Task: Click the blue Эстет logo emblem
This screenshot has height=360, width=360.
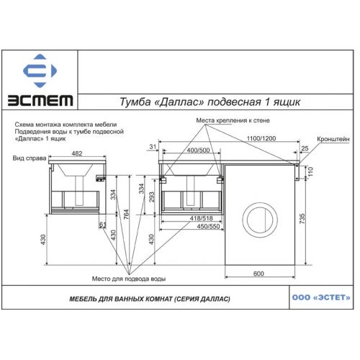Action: coord(40,71)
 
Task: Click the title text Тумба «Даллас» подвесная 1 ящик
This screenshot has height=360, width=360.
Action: coord(210,102)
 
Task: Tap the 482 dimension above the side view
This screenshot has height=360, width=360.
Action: coord(77,153)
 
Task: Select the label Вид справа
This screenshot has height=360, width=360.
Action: coord(30,158)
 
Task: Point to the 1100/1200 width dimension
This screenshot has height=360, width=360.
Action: coord(261,138)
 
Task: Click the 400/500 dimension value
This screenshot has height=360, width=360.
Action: coord(198,150)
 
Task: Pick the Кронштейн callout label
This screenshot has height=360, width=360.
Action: coord(333,139)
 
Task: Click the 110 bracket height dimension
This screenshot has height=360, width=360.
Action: coord(310,172)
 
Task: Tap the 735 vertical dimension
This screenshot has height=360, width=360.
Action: coord(302,219)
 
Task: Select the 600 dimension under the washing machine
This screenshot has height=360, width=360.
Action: coord(258,274)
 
